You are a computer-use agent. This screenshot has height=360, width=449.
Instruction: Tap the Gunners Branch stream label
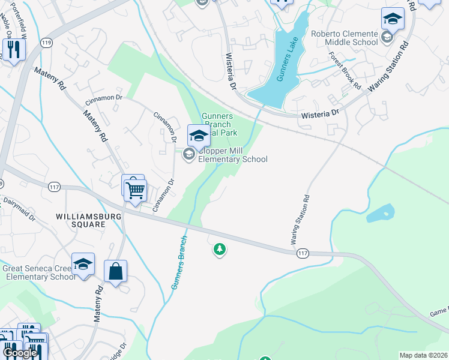pos(179,262)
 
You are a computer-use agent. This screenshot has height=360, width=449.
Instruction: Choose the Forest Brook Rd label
pos(345,70)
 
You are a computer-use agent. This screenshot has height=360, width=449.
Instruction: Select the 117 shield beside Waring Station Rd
pos(303,254)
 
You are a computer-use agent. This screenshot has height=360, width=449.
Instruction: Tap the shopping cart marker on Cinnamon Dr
pos(136,190)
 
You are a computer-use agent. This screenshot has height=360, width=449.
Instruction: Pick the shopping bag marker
pos(115,271)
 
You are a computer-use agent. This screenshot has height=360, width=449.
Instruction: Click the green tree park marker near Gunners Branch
pos(220,249)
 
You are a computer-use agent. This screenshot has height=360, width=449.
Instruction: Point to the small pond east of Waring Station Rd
pos(380,213)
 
